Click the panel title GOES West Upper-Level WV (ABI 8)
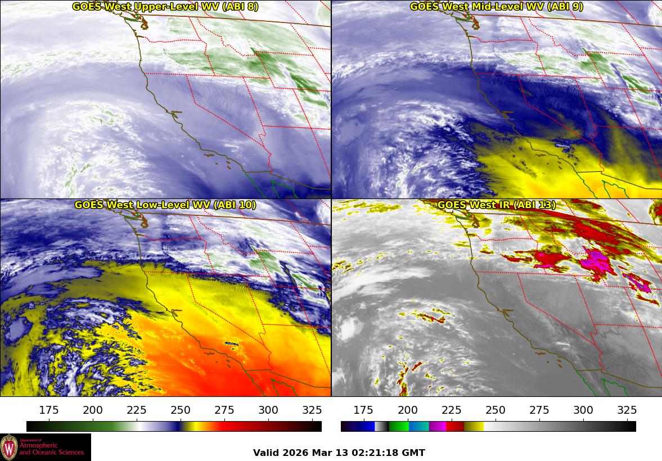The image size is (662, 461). pyautogui.click(x=165, y=7)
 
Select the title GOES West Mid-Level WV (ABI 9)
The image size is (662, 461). pyautogui.click(x=496, y=7)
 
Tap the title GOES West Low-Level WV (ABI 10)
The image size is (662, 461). pyautogui.click(x=165, y=205)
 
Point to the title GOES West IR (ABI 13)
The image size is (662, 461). pyautogui.click(x=496, y=205)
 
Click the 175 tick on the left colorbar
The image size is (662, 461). pyautogui.click(x=49, y=410)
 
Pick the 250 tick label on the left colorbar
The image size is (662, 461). pyautogui.click(x=181, y=410)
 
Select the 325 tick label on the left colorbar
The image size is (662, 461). pyautogui.click(x=312, y=410)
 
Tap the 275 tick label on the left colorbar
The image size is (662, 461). pyautogui.click(x=224, y=410)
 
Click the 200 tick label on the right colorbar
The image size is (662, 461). pyautogui.click(x=408, y=410)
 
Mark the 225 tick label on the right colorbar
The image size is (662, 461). pyautogui.click(x=452, y=410)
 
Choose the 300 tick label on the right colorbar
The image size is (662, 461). pyautogui.click(x=583, y=410)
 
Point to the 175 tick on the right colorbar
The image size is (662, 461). pyautogui.click(x=364, y=410)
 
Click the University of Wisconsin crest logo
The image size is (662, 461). pyautogui.click(x=9, y=447)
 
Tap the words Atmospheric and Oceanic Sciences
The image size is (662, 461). pyautogui.click(x=51, y=449)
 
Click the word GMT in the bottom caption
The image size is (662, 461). pyautogui.click(x=414, y=453)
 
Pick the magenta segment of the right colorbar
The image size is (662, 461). pyautogui.click(x=438, y=426)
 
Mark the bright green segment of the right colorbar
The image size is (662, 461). pyautogui.click(x=399, y=426)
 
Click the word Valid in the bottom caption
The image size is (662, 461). pyautogui.click(x=265, y=453)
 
